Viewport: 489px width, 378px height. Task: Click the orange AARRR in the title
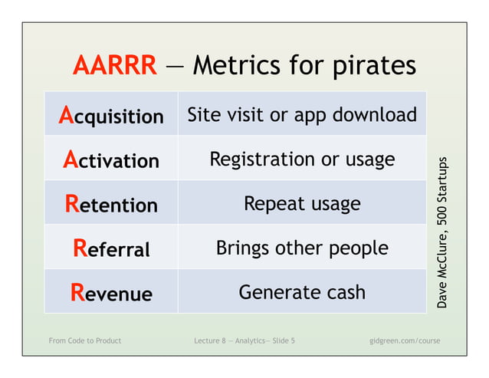[114, 66]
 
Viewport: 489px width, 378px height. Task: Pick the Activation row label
[111, 159]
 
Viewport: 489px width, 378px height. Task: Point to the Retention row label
[111, 204]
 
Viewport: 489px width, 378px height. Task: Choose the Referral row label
[111, 248]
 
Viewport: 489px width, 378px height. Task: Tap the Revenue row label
[111, 292]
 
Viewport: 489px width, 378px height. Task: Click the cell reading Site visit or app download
[302, 115]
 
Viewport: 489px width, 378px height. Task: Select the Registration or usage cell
[302, 159]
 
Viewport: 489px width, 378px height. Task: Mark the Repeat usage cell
[302, 204]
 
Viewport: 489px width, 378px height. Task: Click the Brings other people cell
[302, 248]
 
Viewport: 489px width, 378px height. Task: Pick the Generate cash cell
[302, 292]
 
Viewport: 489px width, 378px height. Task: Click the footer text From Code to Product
[84, 340]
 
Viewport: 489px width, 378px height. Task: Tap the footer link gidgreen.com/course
[405, 340]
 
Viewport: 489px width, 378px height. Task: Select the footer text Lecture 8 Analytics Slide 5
[244, 340]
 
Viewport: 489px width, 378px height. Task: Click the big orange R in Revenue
[77, 291]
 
